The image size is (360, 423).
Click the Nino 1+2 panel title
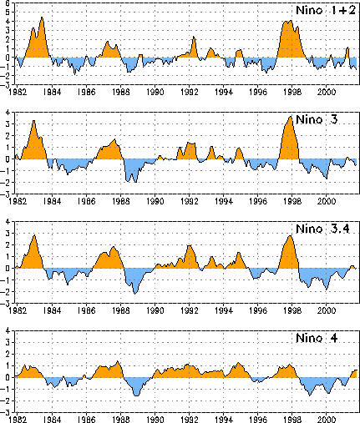[x=326, y=10]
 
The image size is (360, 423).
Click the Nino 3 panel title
[x=317, y=119]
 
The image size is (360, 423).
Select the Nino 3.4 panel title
[x=322, y=229]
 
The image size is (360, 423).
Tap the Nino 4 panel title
[x=317, y=338]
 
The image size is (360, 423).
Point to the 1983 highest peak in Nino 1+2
[x=42, y=18]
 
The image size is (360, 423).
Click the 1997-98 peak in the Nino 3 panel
[x=291, y=117]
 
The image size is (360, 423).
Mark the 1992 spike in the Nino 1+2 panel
[x=194, y=37]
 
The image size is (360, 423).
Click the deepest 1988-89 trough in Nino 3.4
[x=135, y=294]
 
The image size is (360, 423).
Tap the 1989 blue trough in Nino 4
[x=136, y=395]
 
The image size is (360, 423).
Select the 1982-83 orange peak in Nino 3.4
[x=34, y=236]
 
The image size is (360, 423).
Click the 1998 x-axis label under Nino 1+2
[x=292, y=92]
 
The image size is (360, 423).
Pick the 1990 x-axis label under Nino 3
[x=155, y=201]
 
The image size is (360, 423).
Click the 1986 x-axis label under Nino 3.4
[x=86, y=310]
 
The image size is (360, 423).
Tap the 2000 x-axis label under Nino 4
[x=327, y=420]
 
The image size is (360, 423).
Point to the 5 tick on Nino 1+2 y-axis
[x=8, y=12]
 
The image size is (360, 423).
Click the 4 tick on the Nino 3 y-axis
[x=8, y=113]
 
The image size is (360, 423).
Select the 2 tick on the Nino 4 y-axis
[x=8, y=354]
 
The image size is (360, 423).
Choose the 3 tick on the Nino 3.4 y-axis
[x=8, y=233]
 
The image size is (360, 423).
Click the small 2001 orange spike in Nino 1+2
[x=347, y=48]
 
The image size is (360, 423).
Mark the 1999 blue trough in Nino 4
[x=310, y=395]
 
